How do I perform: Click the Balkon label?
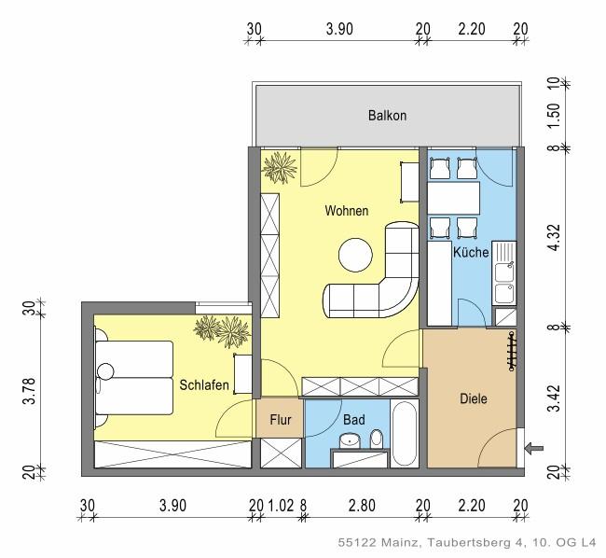pos(387,116)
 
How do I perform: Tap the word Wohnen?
pos(346,211)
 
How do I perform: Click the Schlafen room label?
pos(204,384)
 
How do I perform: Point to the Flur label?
pos(281,419)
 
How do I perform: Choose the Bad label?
pos(353,420)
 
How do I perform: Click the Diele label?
pos(474,398)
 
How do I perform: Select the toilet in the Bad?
pos(377,439)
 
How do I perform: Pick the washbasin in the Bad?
pos(350,441)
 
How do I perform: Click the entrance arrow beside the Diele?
pos(534,449)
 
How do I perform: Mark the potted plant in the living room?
pos(277,169)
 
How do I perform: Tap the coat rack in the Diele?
pos(511,350)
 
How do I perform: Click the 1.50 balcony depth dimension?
pos(553,115)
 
